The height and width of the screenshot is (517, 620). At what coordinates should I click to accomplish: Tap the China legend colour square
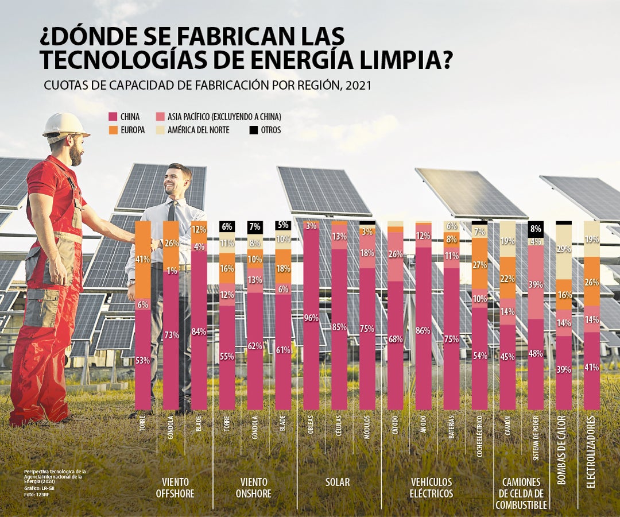[x=112, y=117]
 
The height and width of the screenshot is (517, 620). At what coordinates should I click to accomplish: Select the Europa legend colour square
[x=112, y=130]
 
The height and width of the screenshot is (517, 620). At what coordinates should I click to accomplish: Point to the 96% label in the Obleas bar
[x=311, y=318]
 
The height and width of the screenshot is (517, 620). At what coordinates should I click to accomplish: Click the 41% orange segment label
[x=143, y=259]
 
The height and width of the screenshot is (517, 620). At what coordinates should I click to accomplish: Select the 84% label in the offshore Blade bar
[x=199, y=331]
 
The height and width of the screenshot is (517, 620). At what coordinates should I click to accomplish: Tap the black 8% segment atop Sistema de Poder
[x=536, y=229]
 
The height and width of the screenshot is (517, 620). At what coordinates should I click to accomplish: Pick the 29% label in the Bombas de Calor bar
[x=564, y=249]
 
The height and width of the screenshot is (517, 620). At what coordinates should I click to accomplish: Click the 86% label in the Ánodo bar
[x=424, y=330]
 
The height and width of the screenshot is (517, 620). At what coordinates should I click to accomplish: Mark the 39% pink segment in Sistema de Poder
[x=536, y=284]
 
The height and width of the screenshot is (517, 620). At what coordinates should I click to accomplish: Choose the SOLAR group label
[x=338, y=482]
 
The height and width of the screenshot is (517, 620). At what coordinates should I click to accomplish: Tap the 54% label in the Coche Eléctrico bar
[x=479, y=355]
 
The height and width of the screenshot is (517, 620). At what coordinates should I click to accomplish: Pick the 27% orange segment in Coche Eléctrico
[x=479, y=265]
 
